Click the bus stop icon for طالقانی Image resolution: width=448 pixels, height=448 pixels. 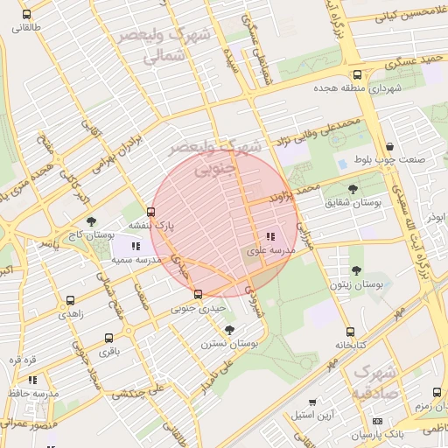pyautogui.click(x=26, y=15)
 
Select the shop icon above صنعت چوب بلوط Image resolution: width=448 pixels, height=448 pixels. pyautogui.click(x=389, y=147)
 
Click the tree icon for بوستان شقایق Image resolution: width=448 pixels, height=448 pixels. pyautogui.click(x=353, y=189)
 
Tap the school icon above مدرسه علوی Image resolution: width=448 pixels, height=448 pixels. pyautogui.click(x=269, y=236)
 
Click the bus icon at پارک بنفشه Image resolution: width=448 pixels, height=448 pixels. pyautogui.click(x=151, y=212)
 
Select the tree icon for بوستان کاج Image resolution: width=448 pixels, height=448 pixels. pyautogui.click(x=92, y=222)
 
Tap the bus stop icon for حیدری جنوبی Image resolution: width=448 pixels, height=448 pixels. pyautogui.click(x=198, y=294)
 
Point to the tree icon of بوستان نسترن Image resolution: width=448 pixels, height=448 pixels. pyautogui.click(x=229, y=330)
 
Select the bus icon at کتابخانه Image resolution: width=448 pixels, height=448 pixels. pyautogui.click(x=350, y=332)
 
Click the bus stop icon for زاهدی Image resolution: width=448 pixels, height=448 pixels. pyautogui.click(x=70, y=300)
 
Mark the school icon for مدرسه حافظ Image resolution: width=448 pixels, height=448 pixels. pyautogui.click(x=32, y=380)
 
